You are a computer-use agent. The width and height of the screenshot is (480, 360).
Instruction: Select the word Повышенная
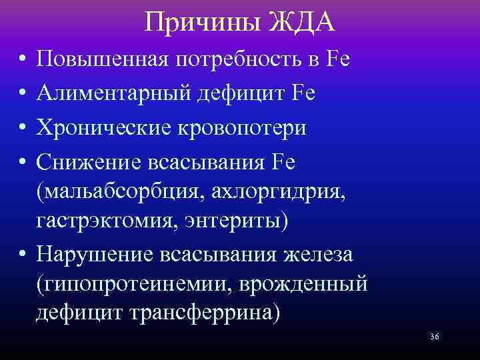104,61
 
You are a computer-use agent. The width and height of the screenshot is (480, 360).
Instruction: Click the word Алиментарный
113,94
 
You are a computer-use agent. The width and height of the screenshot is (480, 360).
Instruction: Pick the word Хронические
103,127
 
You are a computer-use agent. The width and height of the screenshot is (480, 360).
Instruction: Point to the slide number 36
434,337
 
